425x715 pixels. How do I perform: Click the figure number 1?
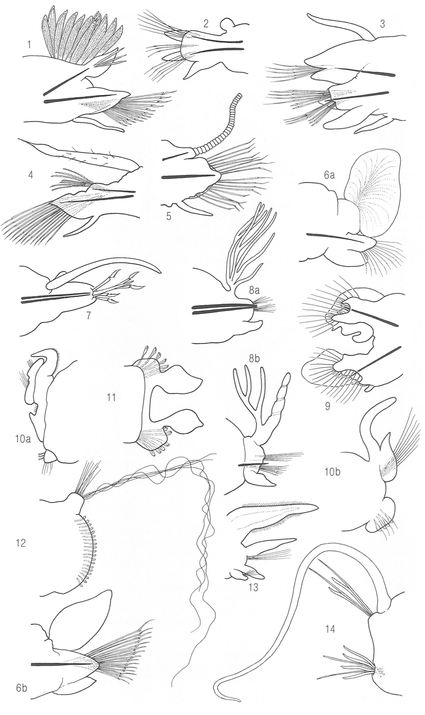coord(29,45)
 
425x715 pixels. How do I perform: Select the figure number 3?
coord(382,25)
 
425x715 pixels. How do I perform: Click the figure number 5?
coord(168,216)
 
